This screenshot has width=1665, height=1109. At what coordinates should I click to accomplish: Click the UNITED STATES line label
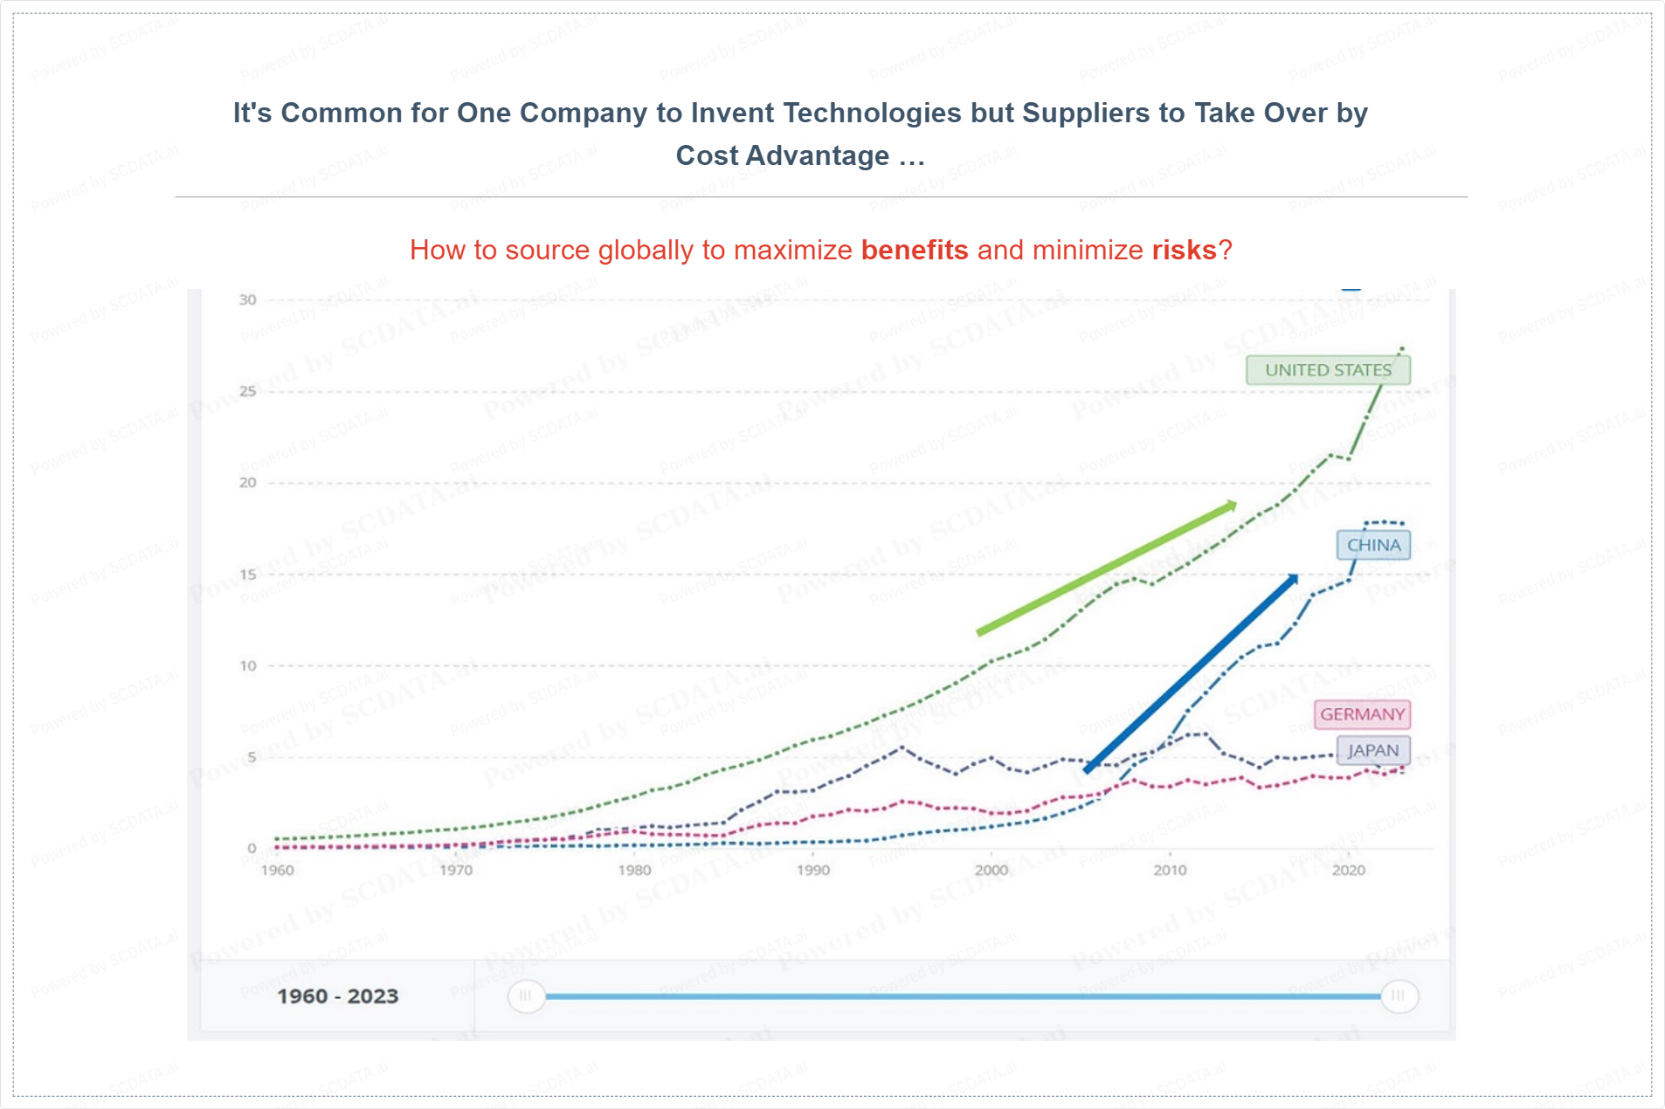click(x=1328, y=370)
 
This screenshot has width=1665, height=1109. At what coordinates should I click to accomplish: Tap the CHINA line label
click(x=1373, y=546)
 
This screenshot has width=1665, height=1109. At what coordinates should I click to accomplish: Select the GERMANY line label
click(x=1362, y=715)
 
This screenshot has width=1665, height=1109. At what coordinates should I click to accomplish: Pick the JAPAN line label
click(x=1372, y=751)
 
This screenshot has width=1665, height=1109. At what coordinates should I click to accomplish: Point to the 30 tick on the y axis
click(x=248, y=300)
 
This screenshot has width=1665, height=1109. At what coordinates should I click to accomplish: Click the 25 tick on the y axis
click(x=248, y=391)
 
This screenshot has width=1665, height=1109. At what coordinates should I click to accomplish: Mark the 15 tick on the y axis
click(x=248, y=575)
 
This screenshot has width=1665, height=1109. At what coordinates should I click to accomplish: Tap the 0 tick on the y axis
click(x=252, y=848)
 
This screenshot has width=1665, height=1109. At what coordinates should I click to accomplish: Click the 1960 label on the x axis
click(x=278, y=870)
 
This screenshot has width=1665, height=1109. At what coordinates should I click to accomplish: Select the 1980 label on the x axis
click(x=634, y=870)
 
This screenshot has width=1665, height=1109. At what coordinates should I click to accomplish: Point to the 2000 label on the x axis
click(x=991, y=870)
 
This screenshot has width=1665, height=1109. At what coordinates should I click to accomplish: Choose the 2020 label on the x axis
click(x=1348, y=870)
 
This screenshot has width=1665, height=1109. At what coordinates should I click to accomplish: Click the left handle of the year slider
click(x=526, y=996)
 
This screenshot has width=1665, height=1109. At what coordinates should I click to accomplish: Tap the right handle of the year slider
click(x=1399, y=996)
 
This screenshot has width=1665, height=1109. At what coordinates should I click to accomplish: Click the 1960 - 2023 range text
click(x=338, y=996)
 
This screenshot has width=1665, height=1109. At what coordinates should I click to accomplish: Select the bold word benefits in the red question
click(x=915, y=251)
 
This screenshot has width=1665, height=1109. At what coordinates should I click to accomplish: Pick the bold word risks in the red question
click(x=1184, y=251)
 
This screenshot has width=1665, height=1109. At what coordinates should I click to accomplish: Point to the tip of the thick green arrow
click(x=1236, y=503)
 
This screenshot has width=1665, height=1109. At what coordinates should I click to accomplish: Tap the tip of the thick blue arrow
click(x=1297, y=575)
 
